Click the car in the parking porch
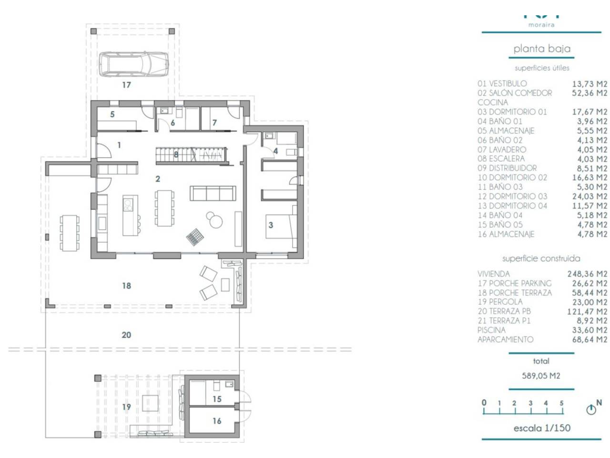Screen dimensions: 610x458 [x=133, y=63]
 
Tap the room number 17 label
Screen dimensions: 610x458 [x=126, y=85]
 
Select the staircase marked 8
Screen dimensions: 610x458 [x=191, y=156]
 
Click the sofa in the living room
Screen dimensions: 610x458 [x=213, y=193]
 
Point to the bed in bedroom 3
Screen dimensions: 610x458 [x=281, y=226]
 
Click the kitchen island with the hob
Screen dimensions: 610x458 [x=130, y=215]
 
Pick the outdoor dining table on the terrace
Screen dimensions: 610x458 [x=70, y=233]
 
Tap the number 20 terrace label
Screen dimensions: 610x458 [x=126, y=335]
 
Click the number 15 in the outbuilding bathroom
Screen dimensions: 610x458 [x=217, y=399]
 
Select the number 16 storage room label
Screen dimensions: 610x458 [x=217, y=421]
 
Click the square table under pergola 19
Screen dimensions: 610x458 [x=150, y=403]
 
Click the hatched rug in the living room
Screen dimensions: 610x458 [x=195, y=237]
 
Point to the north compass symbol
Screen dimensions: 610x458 [x=591, y=410]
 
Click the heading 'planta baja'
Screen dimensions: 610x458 [x=542, y=49]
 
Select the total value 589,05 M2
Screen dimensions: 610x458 [x=541, y=375]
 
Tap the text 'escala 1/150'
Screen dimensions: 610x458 [x=542, y=427]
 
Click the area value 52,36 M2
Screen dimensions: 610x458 [x=590, y=93]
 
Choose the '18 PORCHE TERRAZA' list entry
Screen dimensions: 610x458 [x=515, y=292]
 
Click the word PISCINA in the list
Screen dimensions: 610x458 [x=491, y=330]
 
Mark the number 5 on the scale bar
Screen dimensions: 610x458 [x=561, y=403]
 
